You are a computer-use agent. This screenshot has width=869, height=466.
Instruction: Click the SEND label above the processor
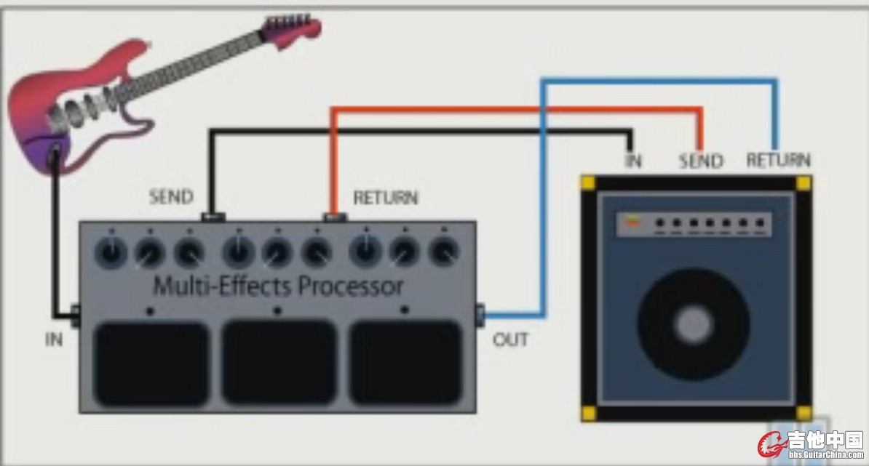(x=171, y=196)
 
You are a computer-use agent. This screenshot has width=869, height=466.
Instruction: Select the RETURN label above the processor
(x=386, y=198)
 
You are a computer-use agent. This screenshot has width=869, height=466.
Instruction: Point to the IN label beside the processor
(x=54, y=340)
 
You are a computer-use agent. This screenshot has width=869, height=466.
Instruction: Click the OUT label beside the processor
(x=510, y=340)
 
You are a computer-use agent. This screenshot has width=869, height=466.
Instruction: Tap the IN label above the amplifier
(x=633, y=161)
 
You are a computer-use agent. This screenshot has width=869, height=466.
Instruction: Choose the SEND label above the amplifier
(x=702, y=161)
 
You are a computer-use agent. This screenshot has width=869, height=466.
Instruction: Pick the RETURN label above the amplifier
(x=778, y=160)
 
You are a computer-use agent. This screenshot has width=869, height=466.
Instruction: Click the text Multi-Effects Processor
(x=278, y=286)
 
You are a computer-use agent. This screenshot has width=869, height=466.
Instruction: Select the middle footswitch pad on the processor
(x=279, y=363)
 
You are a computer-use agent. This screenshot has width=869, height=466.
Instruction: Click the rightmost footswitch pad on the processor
(x=406, y=363)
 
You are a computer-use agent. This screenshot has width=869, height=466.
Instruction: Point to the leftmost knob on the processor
(x=111, y=252)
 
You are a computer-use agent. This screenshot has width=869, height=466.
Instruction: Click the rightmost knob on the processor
(x=443, y=252)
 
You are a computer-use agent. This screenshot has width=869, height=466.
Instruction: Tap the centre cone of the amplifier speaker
(x=694, y=324)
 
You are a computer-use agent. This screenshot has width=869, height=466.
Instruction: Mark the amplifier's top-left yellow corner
(x=588, y=182)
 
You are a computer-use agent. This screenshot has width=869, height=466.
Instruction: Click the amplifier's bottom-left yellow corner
(x=589, y=413)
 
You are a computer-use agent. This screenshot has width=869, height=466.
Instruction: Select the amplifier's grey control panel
(x=694, y=224)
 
